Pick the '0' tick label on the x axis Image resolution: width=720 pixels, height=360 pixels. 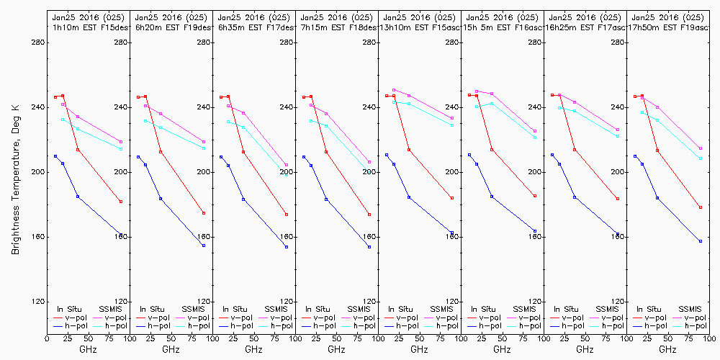47,337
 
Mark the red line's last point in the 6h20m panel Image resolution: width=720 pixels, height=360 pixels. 204,213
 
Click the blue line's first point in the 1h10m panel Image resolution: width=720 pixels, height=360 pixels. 55,156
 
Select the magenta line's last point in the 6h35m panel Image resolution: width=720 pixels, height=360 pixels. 287,165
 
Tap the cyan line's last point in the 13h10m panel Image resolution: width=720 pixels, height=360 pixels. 452,125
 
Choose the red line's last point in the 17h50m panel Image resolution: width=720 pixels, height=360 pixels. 701,207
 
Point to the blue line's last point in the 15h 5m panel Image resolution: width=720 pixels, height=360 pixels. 535,231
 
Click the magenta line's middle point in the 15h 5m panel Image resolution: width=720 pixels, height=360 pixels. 492,94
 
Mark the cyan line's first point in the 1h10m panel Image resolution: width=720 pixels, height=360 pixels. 63,120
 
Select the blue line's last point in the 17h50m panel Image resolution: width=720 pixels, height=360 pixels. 701,241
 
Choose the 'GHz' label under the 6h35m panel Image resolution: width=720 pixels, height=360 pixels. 253,349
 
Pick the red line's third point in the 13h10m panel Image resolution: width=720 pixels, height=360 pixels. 409,150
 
